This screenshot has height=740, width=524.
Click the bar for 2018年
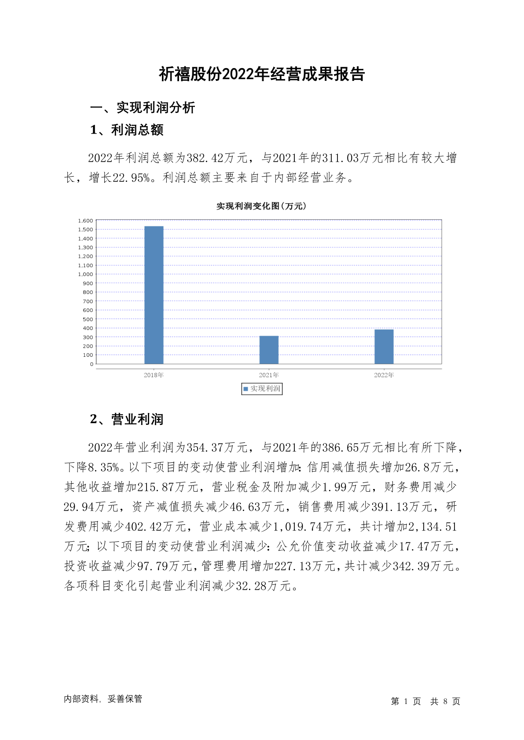(x=154, y=295)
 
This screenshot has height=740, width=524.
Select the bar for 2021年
(x=269, y=350)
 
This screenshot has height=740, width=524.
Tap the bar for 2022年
(x=384, y=347)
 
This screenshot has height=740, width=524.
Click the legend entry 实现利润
(x=262, y=389)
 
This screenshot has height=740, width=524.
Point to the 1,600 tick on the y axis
(x=85, y=221)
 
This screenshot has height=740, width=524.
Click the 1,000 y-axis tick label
(x=85, y=274)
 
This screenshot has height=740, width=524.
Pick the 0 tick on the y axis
(x=92, y=364)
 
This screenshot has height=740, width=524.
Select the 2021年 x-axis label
(x=269, y=375)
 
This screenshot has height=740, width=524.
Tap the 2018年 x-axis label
(x=154, y=375)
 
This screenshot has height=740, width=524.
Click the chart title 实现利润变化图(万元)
(x=261, y=206)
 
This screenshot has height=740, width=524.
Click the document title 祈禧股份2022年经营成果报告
(x=262, y=74)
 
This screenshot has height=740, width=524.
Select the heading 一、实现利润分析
(x=143, y=108)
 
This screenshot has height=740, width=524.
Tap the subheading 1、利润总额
(x=127, y=130)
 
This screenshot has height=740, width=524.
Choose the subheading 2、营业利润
(x=127, y=419)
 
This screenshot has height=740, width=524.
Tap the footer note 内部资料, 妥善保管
(x=103, y=699)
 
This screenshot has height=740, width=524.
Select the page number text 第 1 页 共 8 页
(x=425, y=701)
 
